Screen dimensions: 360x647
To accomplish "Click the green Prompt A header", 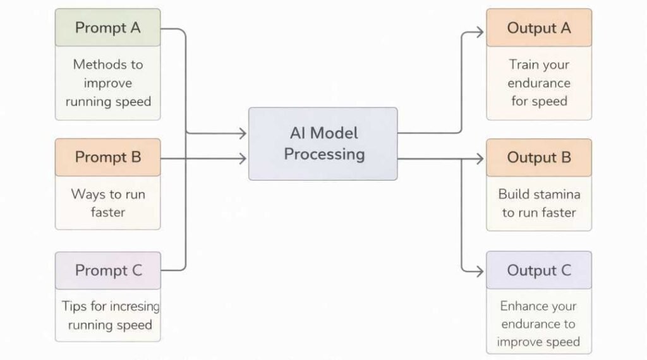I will click(107, 28).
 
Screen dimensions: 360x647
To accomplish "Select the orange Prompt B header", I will click(107, 157).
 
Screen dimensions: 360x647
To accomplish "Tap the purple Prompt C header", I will click(107, 270).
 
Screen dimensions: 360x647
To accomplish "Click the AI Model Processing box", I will click(323, 143).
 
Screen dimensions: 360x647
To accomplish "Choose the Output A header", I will click(538, 28).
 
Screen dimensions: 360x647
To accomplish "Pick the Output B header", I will click(538, 157).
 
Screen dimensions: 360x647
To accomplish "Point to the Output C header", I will click(538, 270).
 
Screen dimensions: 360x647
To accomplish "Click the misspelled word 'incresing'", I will click(130, 306).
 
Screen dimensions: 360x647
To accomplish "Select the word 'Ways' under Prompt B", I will click(88, 194).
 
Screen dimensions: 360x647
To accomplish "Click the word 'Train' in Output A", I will click(523, 64).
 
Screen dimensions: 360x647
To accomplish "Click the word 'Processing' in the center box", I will click(324, 154).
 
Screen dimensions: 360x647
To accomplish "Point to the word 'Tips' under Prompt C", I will click(73, 306).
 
